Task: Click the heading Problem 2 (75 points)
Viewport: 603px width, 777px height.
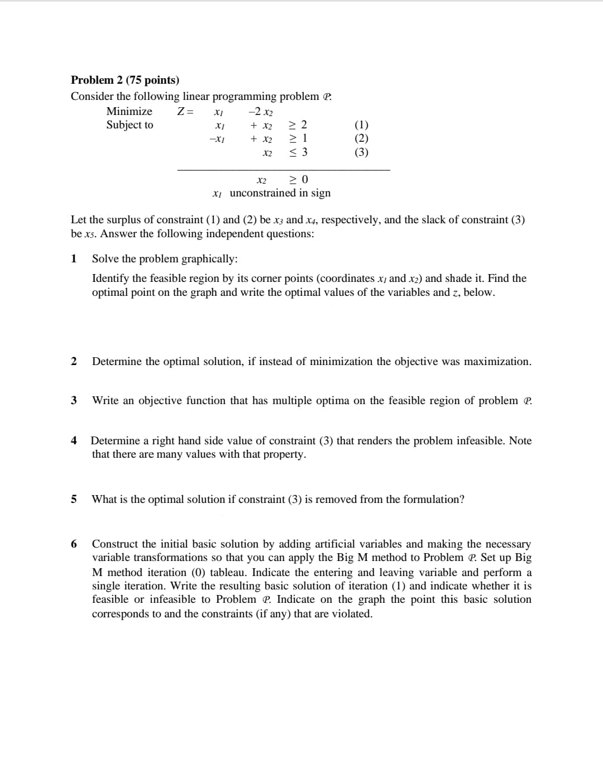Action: coord(125,80)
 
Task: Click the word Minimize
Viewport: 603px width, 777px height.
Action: coord(129,111)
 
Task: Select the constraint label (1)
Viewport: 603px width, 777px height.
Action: coord(361,125)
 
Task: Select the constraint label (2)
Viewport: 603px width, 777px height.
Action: coord(361,138)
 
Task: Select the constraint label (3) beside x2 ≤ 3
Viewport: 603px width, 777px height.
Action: coord(361,152)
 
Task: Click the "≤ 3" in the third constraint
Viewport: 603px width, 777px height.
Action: coord(298,152)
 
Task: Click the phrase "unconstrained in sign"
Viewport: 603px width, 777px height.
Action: coord(280,193)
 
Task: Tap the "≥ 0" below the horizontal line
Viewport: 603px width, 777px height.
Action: coord(298,179)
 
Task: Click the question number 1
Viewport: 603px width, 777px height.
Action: coord(74,258)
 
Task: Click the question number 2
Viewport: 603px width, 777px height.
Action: coord(74,361)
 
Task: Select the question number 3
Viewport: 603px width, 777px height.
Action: coord(74,400)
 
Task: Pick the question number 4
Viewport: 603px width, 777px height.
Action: coord(74,440)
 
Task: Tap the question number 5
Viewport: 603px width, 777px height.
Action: coord(74,499)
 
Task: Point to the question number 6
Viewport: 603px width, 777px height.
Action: coord(74,544)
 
